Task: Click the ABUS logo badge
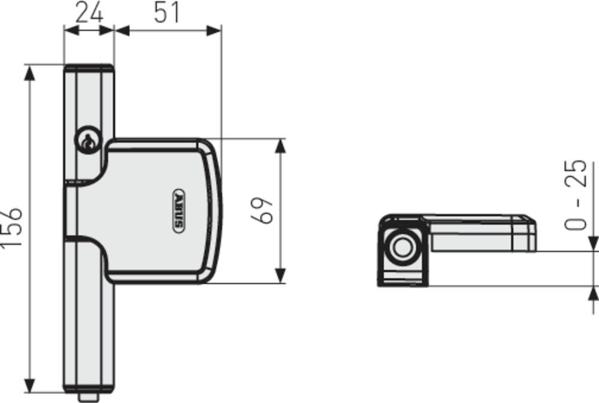[x=179, y=211]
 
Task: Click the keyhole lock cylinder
[x=87, y=142]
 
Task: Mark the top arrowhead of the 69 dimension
[x=280, y=146]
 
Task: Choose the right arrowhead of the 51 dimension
[x=214, y=30]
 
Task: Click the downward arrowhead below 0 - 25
[x=592, y=243]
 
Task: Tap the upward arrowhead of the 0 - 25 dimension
[x=592, y=294]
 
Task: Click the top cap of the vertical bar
[x=89, y=68]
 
